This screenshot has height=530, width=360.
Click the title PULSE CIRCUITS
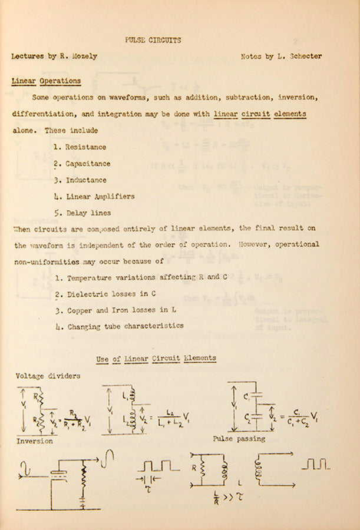[153, 41]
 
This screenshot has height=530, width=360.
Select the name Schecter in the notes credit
[303, 57]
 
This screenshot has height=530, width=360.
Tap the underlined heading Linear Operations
[46, 81]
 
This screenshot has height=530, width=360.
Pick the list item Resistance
[85, 147]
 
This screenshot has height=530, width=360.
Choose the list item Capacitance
[88, 164]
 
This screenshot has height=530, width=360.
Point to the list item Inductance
[86, 180]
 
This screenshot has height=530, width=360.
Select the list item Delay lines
[88, 213]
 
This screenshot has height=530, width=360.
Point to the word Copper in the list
[80, 310]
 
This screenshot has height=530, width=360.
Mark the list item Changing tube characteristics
[125, 326]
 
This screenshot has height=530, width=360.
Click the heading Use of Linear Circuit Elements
[156, 358]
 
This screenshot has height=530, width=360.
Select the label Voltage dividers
[48, 376]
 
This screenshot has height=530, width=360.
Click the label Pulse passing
[239, 439]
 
